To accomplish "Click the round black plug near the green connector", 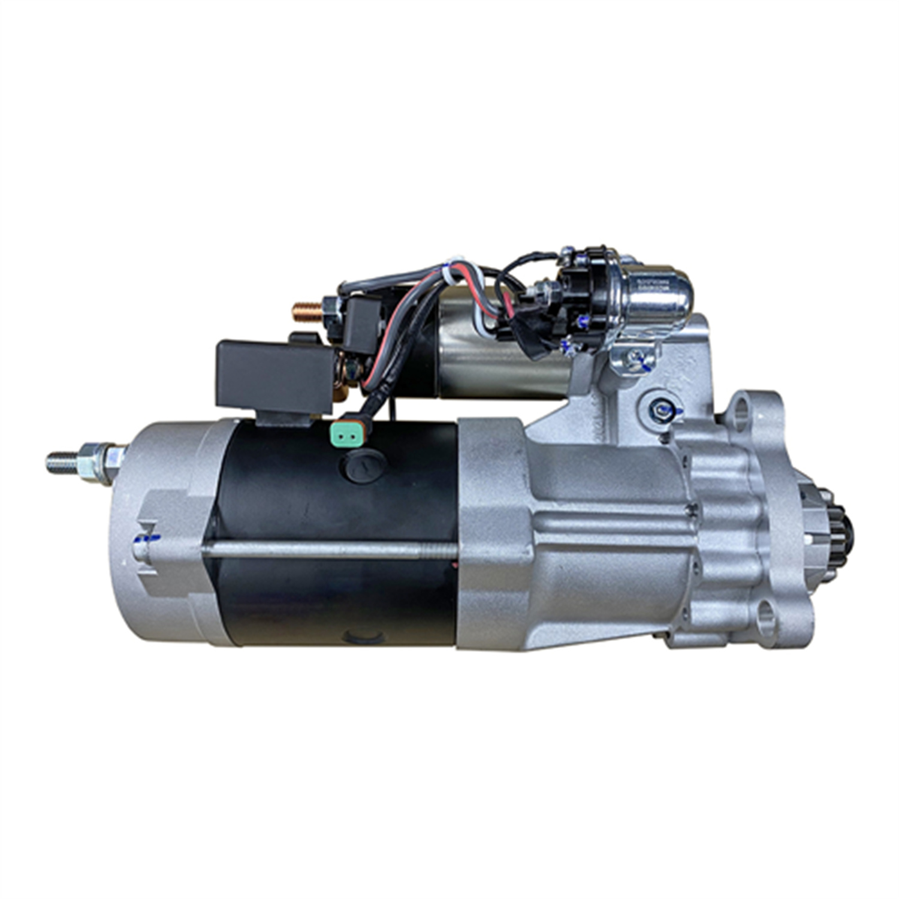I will pos(365,464).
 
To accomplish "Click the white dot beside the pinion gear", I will pos(809,540).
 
